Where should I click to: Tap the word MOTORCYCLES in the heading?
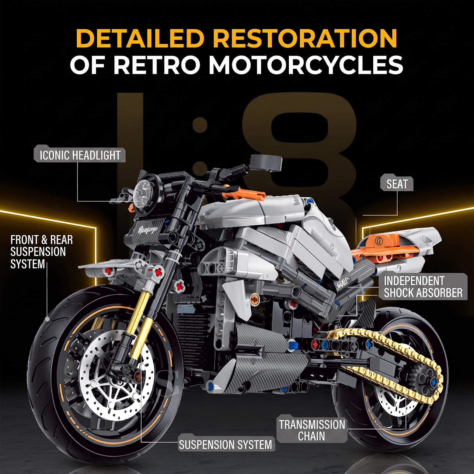[x=306, y=65]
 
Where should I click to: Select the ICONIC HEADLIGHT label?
[x=80, y=155]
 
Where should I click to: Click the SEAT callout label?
[x=397, y=184]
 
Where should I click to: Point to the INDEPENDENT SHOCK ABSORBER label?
[x=423, y=287]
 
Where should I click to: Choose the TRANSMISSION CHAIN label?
[x=312, y=430]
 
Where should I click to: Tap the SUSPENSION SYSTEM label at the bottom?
[x=226, y=444]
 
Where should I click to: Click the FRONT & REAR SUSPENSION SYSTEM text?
[x=41, y=252]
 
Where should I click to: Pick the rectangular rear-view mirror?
[x=266, y=163]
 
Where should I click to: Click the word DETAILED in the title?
[x=140, y=38]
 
